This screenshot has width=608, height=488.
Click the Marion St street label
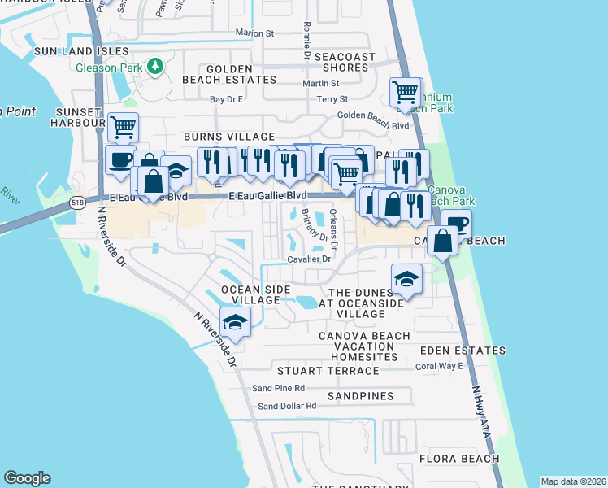pyautogui.click(x=254, y=33)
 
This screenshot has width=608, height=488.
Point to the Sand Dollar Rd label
pyautogui.click(x=286, y=406)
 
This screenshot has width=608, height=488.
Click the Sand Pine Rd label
pyautogui.click(x=278, y=389)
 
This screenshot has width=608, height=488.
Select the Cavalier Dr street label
pyautogui.click(x=309, y=259)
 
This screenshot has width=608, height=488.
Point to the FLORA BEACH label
pyautogui.click(x=459, y=459)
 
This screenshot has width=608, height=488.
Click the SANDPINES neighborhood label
pyautogui.click(x=361, y=396)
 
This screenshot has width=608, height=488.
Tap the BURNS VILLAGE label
pyautogui.click(x=229, y=137)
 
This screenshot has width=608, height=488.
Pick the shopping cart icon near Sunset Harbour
pyautogui.click(x=122, y=126)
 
